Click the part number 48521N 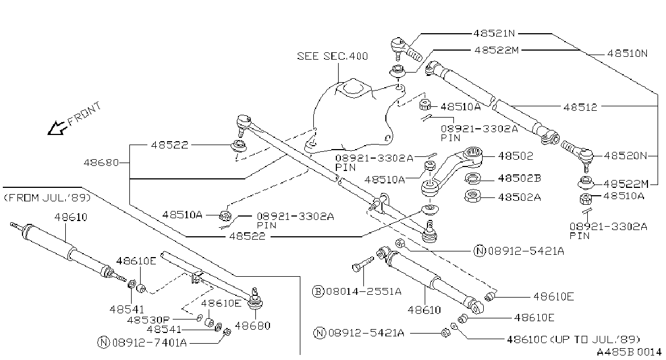click(x=494, y=34)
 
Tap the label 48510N click(x=627, y=54)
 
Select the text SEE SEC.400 click(x=332, y=56)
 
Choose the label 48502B click(x=519, y=179)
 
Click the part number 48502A click(x=519, y=197)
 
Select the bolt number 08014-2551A click(x=364, y=291)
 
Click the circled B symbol click(x=318, y=291)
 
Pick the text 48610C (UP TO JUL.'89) click(x=573, y=340)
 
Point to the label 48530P click(x=147, y=319)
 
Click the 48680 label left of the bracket click(x=101, y=163)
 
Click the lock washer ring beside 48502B click(x=472, y=179)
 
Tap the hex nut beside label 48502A click(x=472, y=196)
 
